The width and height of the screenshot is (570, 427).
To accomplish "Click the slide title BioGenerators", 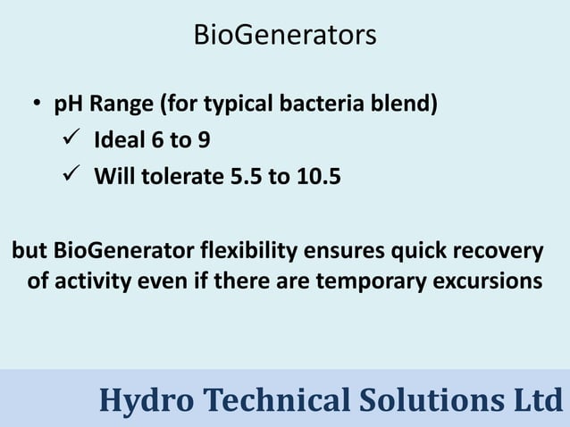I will pos(285,37).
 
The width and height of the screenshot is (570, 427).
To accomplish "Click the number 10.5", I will pos(316,176).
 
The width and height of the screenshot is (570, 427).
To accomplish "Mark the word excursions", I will pos(486,281).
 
